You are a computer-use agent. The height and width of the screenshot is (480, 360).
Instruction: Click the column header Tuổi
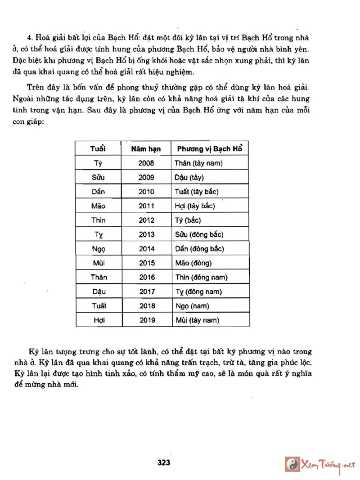(98, 149)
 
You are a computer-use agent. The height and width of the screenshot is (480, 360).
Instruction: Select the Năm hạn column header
(147, 149)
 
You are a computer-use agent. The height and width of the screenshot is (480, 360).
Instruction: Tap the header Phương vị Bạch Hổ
(210, 149)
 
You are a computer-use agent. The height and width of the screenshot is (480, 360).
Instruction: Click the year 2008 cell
(147, 163)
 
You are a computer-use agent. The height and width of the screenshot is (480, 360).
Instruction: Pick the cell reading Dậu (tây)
(189, 177)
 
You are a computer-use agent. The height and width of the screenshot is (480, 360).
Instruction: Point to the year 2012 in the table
(147, 220)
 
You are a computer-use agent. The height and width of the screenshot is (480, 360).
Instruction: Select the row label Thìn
(98, 220)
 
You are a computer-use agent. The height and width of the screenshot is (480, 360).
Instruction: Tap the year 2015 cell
(147, 263)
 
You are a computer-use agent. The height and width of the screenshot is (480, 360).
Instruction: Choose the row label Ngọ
(98, 249)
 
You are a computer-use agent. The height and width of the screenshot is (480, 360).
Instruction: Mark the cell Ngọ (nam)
(191, 306)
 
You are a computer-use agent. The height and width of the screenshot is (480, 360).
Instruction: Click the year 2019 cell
(147, 320)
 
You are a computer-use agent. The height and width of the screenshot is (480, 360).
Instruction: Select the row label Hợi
(98, 320)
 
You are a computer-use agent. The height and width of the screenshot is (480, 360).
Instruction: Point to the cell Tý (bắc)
(188, 220)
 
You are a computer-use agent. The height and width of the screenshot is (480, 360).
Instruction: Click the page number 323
(164, 462)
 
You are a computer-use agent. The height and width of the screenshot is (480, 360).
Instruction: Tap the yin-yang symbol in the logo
(292, 464)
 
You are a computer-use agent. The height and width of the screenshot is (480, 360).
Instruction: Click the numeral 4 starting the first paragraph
(29, 38)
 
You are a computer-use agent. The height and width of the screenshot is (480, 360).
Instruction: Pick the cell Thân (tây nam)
(198, 163)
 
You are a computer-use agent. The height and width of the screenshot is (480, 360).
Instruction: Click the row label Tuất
(98, 306)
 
